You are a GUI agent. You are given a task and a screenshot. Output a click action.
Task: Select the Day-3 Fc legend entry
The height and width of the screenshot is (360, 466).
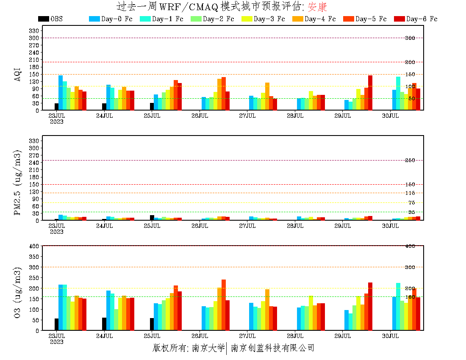(263, 19)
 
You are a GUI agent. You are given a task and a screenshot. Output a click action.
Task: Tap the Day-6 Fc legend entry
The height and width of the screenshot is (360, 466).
(416, 19)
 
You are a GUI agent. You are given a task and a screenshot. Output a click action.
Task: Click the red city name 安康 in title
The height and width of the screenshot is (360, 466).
(317, 7)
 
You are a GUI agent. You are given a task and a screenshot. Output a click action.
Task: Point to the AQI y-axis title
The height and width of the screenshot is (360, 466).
(18, 74)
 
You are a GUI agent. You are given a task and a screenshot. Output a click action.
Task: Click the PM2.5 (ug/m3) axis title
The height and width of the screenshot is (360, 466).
(18, 182)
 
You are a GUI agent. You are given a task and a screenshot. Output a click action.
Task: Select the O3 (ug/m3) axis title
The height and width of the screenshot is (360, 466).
(18, 293)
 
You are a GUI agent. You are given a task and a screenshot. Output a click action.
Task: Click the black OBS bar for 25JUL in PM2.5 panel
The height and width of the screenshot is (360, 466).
(152, 218)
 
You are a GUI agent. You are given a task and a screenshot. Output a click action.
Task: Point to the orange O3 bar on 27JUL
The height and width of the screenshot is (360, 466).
(267, 310)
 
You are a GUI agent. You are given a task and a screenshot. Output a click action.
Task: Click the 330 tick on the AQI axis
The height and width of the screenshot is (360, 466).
(34, 30)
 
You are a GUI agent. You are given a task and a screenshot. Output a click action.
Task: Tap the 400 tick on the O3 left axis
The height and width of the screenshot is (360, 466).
(34, 246)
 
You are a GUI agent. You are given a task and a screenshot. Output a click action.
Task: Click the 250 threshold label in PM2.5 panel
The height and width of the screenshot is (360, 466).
(410, 160)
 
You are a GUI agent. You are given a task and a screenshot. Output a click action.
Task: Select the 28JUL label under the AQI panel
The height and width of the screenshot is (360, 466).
(295, 116)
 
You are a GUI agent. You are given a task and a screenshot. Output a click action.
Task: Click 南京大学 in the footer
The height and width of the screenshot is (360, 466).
(208, 348)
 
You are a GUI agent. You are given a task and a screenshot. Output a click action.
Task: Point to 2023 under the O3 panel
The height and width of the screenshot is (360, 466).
(56, 342)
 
